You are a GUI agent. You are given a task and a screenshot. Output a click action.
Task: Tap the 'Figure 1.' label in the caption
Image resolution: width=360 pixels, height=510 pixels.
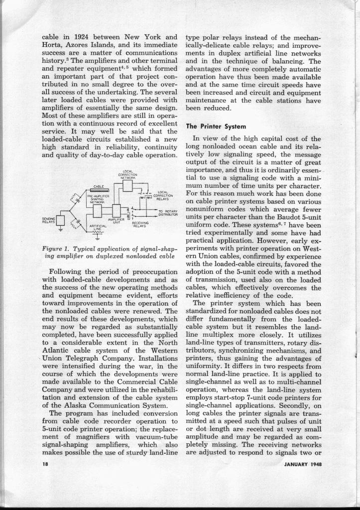pyautogui.click(x=61, y=248)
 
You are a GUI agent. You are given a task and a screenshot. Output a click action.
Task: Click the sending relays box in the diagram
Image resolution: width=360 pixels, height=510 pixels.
pyautogui.click(x=61, y=220)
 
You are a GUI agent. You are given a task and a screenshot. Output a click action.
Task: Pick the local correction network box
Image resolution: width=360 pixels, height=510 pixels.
pyautogui.click(x=127, y=186)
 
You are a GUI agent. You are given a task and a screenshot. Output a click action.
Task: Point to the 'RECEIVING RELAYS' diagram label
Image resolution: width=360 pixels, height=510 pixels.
pyautogui.click(x=141, y=226)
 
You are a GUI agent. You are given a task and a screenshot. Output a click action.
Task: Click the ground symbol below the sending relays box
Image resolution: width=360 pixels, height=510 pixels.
pyautogui.click(x=61, y=230)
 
